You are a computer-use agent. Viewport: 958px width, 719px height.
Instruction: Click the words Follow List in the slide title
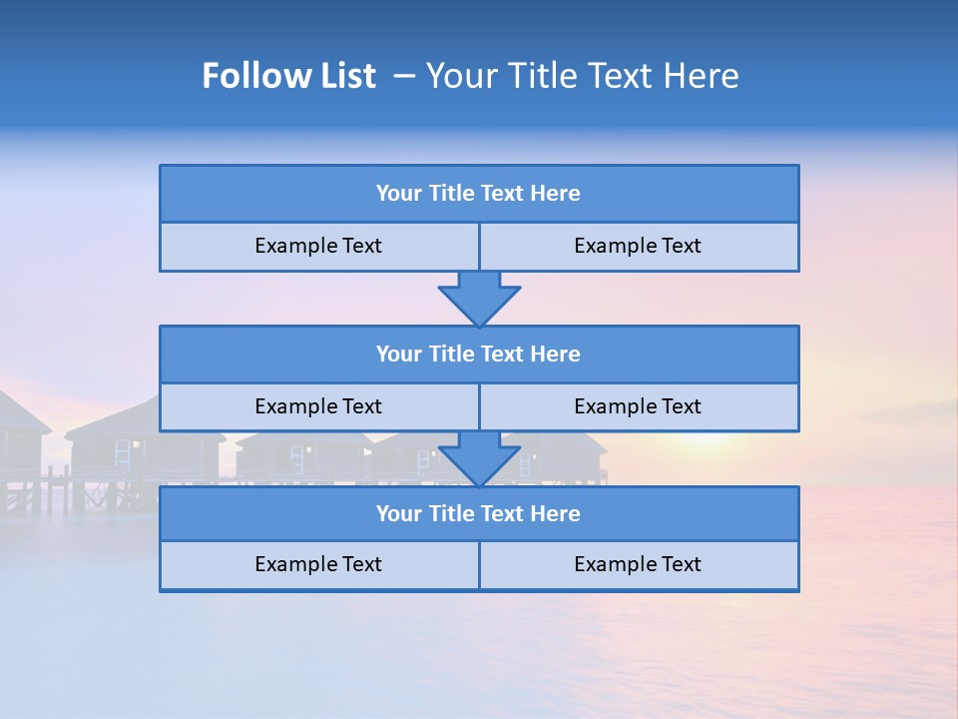pyautogui.click(x=288, y=76)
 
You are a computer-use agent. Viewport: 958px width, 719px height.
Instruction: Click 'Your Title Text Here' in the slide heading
pyautogui.click(x=582, y=76)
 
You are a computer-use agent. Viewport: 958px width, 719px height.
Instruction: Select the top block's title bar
pyautogui.click(x=479, y=194)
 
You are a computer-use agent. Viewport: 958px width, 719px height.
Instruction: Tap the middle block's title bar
pyautogui.click(x=479, y=354)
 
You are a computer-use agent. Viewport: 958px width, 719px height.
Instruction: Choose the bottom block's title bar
pyautogui.click(x=479, y=513)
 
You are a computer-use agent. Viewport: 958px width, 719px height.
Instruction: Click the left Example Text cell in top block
pyautogui.click(x=318, y=246)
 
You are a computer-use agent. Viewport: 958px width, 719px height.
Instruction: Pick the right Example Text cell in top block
pyautogui.click(x=638, y=246)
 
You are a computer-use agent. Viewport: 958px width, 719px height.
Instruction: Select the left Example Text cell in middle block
pyautogui.click(x=318, y=406)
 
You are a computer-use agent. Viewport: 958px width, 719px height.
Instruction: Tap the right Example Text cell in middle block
pyautogui.click(x=638, y=406)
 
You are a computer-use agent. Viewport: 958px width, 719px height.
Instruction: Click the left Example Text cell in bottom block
pyautogui.click(x=318, y=564)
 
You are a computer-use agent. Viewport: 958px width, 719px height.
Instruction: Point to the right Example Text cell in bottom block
pyautogui.click(x=638, y=564)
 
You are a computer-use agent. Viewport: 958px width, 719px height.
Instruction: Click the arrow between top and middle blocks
pyautogui.click(x=479, y=298)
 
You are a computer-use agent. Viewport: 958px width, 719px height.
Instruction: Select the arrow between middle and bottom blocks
pyautogui.click(x=479, y=458)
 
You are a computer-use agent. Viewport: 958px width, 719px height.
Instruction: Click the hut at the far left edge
pyautogui.click(x=20, y=429)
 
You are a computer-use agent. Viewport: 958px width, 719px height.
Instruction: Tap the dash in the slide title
pyautogui.click(x=404, y=76)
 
